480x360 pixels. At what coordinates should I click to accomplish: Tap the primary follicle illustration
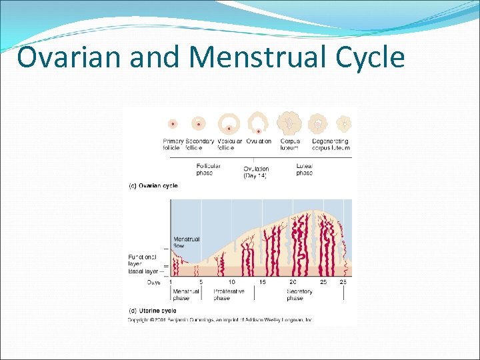pyautogui.click(x=173, y=124)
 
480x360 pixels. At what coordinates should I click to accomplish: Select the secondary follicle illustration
pyautogui.click(x=198, y=124)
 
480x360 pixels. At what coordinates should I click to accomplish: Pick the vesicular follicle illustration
pyautogui.click(x=229, y=123)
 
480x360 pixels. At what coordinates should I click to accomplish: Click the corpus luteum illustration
pyautogui.click(x=290, y=123)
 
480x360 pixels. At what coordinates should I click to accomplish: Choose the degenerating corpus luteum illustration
pyautogui.click(x=319, y=123)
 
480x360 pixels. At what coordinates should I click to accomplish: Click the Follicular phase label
pyautogui.click(x=208, y=169)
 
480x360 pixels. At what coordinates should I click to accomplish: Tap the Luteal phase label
pyautogui.click(x=304, y=169)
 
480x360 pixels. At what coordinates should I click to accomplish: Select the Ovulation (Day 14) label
pyautogui.click(x=257, y=172)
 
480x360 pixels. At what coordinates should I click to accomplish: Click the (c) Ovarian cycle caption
pyautogui.click(x=153, y=186)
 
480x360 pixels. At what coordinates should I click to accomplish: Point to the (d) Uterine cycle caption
pyautogui.click(x=153, y=311)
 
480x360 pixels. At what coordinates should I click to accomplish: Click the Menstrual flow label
pyautogui.click(x=186, y=243)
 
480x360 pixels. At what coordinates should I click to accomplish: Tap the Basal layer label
pyautogui.click(x=143, y=271)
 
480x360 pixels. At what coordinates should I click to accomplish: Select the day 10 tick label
pyautogui.click(x=231, y=283)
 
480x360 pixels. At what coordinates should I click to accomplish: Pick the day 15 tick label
pyautogui.click(x=262, y=283)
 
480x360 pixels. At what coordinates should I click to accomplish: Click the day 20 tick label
pyautogui.click(x=293, y=283)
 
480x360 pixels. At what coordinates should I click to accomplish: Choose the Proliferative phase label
pyautogui.click(x=229, y=295)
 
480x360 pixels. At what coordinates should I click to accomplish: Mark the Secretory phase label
pyautogui.click(x=299, y=295)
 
